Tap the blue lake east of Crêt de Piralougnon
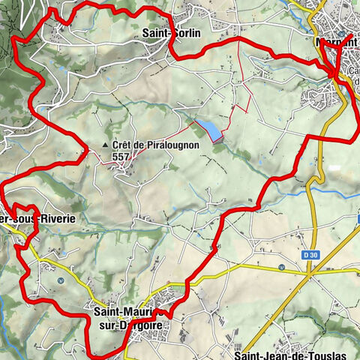[208, 130]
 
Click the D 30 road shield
[309, 256]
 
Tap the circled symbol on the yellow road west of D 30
[280, 268]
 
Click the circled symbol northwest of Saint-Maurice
[60, 280]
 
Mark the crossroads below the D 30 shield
[309, 274]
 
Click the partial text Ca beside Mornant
[352, 72]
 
